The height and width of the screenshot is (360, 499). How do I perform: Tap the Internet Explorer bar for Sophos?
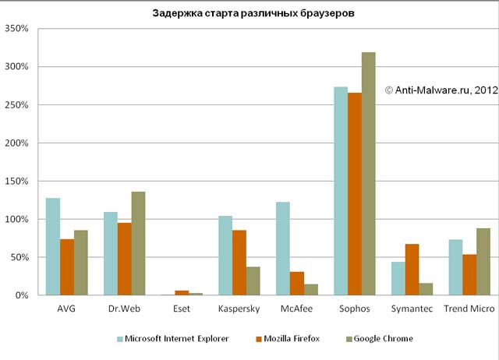coord(341,191)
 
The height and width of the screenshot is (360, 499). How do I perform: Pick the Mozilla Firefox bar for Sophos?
coord(354,194)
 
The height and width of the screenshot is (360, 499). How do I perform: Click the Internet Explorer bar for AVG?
coord(53,246)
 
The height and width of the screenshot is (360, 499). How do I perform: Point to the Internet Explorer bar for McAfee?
coord(283,249)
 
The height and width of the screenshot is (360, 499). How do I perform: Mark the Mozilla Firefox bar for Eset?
coord(182,293)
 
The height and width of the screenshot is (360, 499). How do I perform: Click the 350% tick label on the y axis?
coord(16,29)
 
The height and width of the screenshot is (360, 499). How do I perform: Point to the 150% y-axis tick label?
coord(16,182)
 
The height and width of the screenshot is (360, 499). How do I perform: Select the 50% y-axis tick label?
coord(18,258)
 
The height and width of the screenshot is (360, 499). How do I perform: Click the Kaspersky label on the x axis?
coord(239,310)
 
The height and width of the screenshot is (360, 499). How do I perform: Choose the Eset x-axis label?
coord(182,310)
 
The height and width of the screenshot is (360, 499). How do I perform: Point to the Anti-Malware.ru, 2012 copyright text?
coord(441,91)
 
